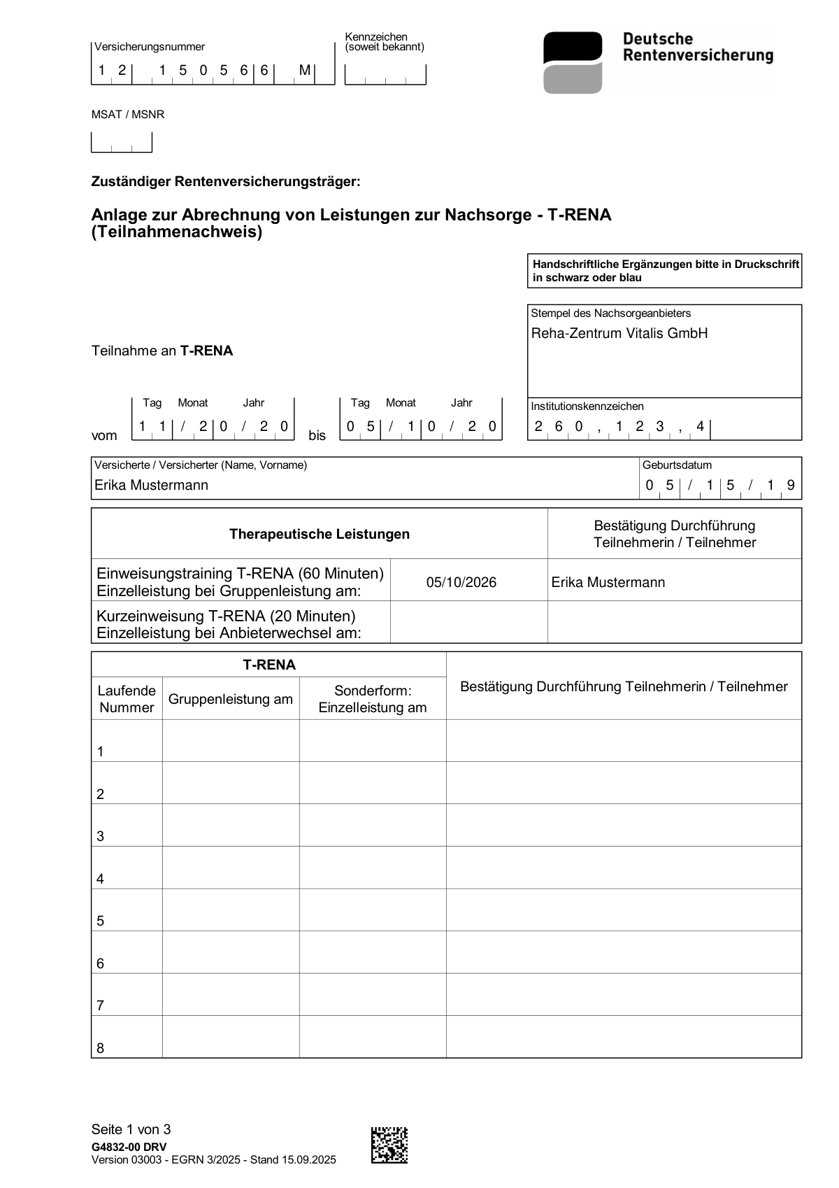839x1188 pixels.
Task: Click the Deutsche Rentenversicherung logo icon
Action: (573, 62)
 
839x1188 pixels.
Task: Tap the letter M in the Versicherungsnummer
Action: (305, 71)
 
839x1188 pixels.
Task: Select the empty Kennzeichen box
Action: (385, 73)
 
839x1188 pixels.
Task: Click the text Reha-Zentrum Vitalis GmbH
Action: (619, 334)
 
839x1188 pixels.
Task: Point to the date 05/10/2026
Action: (461, 583)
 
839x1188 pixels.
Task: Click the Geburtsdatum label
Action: (677, 465)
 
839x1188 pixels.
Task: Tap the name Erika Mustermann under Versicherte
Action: (152, 486)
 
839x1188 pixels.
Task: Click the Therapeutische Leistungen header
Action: (320, 535)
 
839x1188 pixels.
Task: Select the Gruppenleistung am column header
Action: (231, 699)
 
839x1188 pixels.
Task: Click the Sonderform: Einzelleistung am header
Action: (373, 699)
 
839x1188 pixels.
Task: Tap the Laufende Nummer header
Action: (127, 699)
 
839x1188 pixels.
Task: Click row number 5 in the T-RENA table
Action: (101, 921)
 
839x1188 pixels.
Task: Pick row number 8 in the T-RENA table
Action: (101, 1048)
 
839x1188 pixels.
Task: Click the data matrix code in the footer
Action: (389, 1145)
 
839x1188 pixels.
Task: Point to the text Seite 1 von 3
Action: (131, 1129)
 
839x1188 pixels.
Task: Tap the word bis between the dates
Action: (317, 436)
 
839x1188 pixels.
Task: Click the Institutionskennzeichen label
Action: (587, 406)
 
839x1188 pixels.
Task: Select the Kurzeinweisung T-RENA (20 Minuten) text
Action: (226, 616)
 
